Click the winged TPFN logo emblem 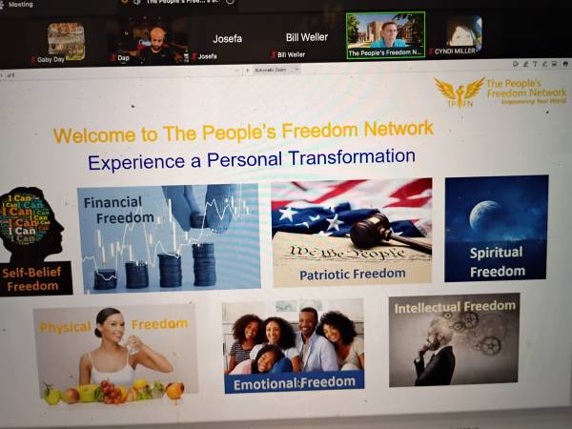(x=459, y=92)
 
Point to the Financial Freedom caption (x=113, y=209)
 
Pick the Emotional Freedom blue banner (x=294, y=381)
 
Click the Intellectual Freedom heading (x=455, y=307)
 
